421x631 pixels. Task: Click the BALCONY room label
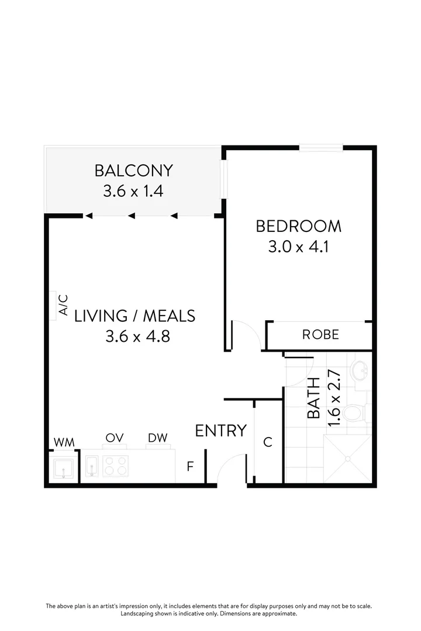tap(134, 171)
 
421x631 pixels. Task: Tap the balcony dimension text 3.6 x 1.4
tap(133, 191)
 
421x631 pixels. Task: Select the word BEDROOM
tap(298, 226)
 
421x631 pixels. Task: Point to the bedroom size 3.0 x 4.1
tap(298, 247)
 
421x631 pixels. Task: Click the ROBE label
tap(320, 335)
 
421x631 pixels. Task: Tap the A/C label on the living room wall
tap(63, 305)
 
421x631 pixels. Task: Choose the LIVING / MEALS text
tap(134, 316)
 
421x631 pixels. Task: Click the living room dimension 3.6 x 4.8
tap(137, 337)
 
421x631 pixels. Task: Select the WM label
tap(64, 442)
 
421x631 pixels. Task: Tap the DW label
tap(157, 438)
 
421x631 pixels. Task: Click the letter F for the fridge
tap(190, 466)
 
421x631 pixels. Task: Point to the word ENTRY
tap(220, 431)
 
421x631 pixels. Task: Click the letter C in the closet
tap(268, 442)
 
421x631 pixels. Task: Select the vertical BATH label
tap(314, 398)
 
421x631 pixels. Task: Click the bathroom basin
tap(360, 369)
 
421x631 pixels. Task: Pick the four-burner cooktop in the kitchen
tap(115, 466)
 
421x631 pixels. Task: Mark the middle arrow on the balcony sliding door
tap(132, 216)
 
